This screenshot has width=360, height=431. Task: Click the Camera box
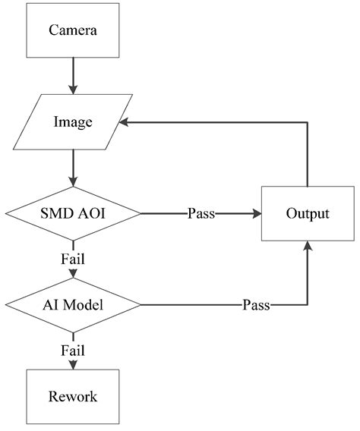pyautogui.click(x=73, y=31)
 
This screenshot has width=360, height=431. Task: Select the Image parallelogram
pyautogui.click(x=73, y=121)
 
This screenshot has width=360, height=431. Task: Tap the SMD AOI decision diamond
pyautogui.click(x=73, y=213)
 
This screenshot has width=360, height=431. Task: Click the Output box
pyautogui.click(x=308, y=213)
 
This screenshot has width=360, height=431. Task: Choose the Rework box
pyautogui.click(x=73, y=396)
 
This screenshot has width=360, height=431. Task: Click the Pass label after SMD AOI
pyautogui.click(x=201, y=213)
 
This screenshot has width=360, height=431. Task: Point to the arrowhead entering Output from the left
pyautogui.click(x=255, y=213)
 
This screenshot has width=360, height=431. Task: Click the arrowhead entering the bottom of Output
pyautogui.click(x=308, y=245)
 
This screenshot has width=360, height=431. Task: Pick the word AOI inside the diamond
pyautogui.click(x=90, y=213)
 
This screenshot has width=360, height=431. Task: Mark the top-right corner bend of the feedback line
pyautogui.click(x=308, y=121)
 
